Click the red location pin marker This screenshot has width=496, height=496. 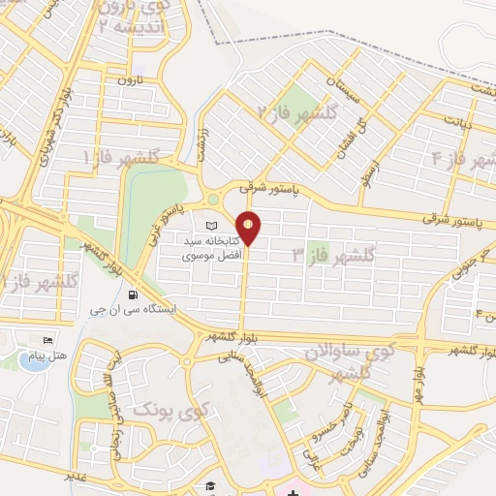pyautogui.click(x=249, y=227)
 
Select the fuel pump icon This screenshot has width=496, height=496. pyautogui.click(x=133, y=294)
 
